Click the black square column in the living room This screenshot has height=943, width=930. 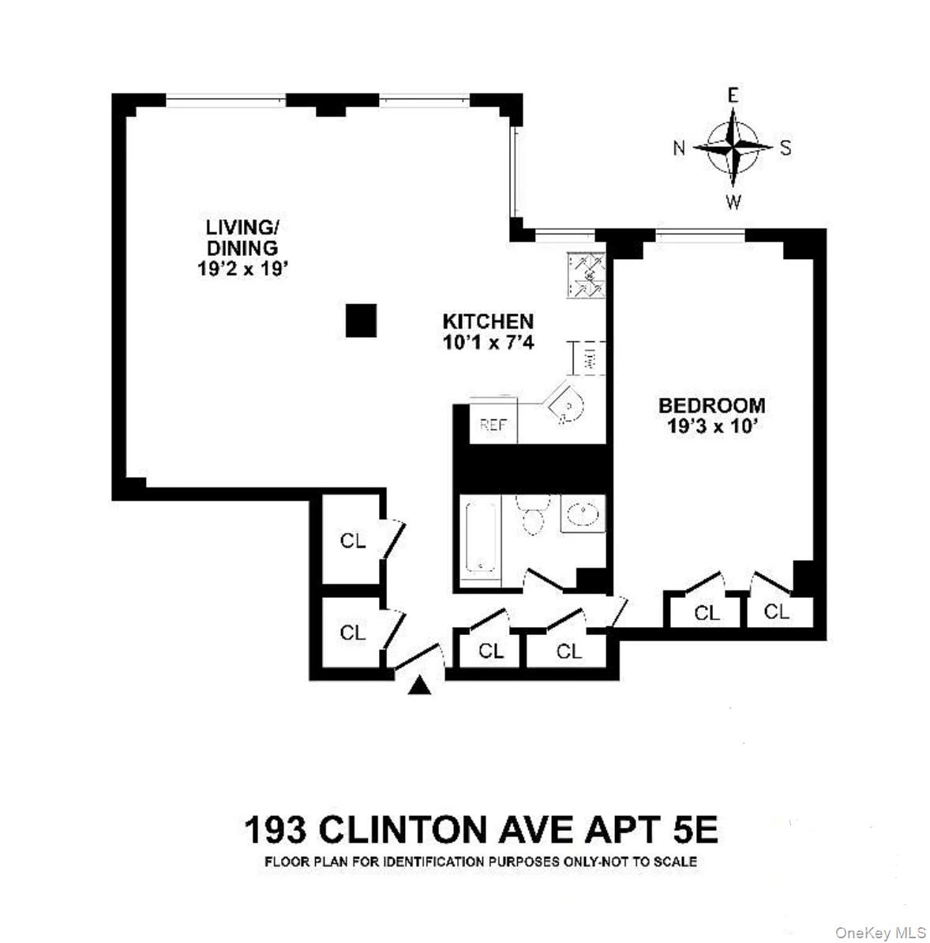point(362,321)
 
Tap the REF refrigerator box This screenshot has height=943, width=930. point(493,425)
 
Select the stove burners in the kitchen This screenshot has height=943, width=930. point(585,276)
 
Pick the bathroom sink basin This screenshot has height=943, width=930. point(583,514)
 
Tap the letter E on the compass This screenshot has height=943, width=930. point(733,96)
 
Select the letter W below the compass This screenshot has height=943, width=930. point(733,202)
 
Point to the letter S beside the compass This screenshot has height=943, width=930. point(786,148)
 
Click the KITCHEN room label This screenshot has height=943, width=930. point(488,321)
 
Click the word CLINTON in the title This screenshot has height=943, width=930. point(402,830)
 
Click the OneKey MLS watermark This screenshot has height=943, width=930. point(881,933)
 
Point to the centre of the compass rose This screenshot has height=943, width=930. point(733,147)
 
